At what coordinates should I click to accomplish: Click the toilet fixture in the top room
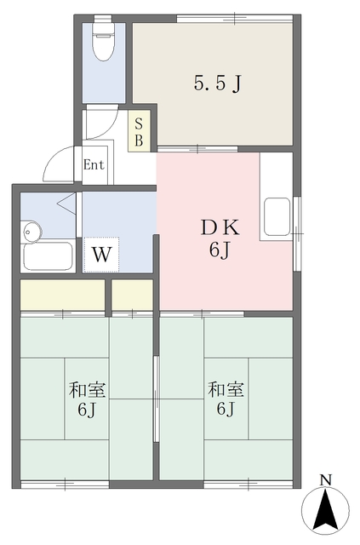(103, 38)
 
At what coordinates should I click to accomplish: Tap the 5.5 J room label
(218, 83)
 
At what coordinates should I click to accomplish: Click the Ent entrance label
(94, 164)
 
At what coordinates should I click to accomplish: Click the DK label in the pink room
(220, 227)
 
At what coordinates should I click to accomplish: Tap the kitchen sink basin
(277, 217)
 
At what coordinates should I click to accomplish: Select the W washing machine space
(101, 255)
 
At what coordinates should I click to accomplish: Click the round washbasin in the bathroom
(31, 231)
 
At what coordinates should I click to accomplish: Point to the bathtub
(48, 256)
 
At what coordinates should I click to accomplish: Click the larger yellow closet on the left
(62, 295)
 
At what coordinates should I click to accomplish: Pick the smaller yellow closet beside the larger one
(132, 295)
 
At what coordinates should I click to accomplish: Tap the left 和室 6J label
(87, 399)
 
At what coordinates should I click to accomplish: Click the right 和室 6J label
(226, 399)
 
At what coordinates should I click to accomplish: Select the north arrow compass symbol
(325, 510)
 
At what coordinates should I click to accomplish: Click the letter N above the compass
(326, 480)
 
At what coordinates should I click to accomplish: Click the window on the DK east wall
(297, 233)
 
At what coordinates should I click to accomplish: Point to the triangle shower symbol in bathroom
(67, 203)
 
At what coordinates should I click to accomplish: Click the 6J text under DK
(220, 249)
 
